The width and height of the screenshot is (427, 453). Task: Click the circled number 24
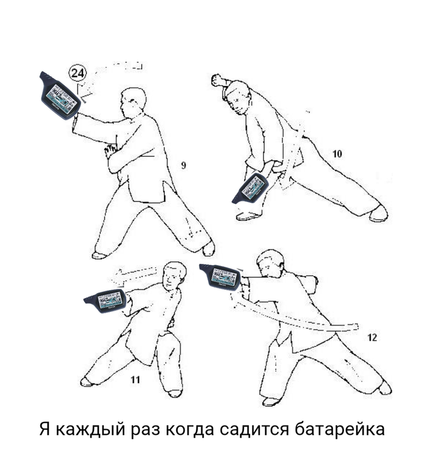click(x=77, y=73)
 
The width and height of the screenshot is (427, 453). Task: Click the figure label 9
click(x=184, y=165)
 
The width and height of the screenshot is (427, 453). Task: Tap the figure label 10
click(x=337, y=154)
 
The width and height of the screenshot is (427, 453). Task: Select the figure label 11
click(x=135, y=380)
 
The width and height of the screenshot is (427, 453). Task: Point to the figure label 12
click(x=372, y=338)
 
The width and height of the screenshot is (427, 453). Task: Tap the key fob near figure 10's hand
click(x=251, y=189)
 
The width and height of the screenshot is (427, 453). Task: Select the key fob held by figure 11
click(x=106, y=301)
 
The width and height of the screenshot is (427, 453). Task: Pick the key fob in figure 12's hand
click(x=220, y=277)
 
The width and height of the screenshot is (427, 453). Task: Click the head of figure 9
click(x=132, y=103)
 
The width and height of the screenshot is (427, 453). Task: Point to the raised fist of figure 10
click(x=217, y=80)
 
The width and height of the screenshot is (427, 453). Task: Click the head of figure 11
click(x=174, y=277)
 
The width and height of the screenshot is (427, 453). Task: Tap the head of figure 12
click(x=270, y=263)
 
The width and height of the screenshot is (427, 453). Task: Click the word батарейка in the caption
click(x=340, y=430)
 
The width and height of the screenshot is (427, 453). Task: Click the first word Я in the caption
click(x=45, y=429)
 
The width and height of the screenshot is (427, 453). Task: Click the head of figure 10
click(x=238, y=98)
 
